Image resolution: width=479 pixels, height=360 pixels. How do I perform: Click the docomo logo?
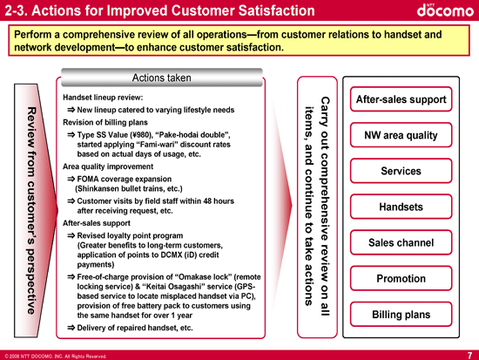pos(445,10)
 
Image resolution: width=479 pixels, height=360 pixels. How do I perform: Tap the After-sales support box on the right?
pos(401,99)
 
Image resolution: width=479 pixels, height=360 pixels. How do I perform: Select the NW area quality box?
pos(401,135)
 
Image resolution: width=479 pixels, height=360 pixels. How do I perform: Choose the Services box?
pos(401,171)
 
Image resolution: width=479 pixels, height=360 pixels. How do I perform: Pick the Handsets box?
pos(401,207)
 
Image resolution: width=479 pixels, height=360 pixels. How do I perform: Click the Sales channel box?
pos(401,242)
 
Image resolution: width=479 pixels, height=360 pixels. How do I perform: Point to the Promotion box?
pos(401,278)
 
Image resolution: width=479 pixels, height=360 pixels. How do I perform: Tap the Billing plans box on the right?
pos(401,315)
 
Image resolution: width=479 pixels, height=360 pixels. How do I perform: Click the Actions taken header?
pos(162,78)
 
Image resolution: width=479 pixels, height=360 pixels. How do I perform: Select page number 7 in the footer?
pos(469,356)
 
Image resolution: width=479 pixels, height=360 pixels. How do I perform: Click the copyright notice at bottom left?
pos(56,357)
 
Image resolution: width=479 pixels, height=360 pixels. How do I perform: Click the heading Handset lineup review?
pos(103,98)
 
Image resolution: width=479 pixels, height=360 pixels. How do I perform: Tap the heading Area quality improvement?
pos(108,166)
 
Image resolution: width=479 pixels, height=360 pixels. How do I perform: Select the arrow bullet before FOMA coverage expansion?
pos(71,179)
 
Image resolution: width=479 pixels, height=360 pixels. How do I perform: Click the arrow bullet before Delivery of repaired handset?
pos(71,328)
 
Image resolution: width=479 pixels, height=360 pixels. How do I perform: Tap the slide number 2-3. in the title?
pos(17,10)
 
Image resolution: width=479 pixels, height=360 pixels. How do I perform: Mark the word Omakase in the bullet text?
pos(193,277)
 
